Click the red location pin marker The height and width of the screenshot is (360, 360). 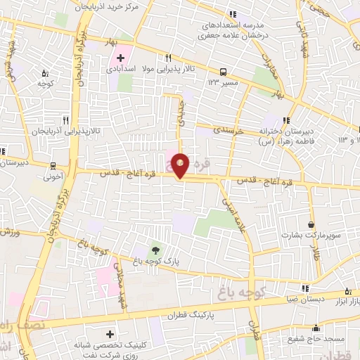(x=181, y=165)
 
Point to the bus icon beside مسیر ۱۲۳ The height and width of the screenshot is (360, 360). (x=223, y=71)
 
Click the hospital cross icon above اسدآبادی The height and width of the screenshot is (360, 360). (x=120, y=57)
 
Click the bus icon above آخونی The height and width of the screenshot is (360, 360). (x=53, y=166)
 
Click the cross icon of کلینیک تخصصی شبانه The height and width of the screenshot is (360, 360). (x=109, y=334)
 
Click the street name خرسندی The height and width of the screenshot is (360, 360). (x=228, y=131)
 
